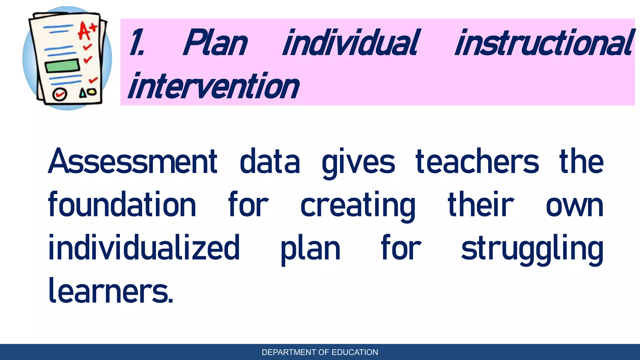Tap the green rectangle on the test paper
tap(62, 66)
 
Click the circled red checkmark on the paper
tap(60, 94)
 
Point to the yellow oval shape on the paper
tap(92, 92)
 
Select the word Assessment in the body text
tap(132, 162)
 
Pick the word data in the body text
tap(270, 162)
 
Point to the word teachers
tap(477, 162)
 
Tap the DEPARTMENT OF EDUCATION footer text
tap(320, 352)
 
